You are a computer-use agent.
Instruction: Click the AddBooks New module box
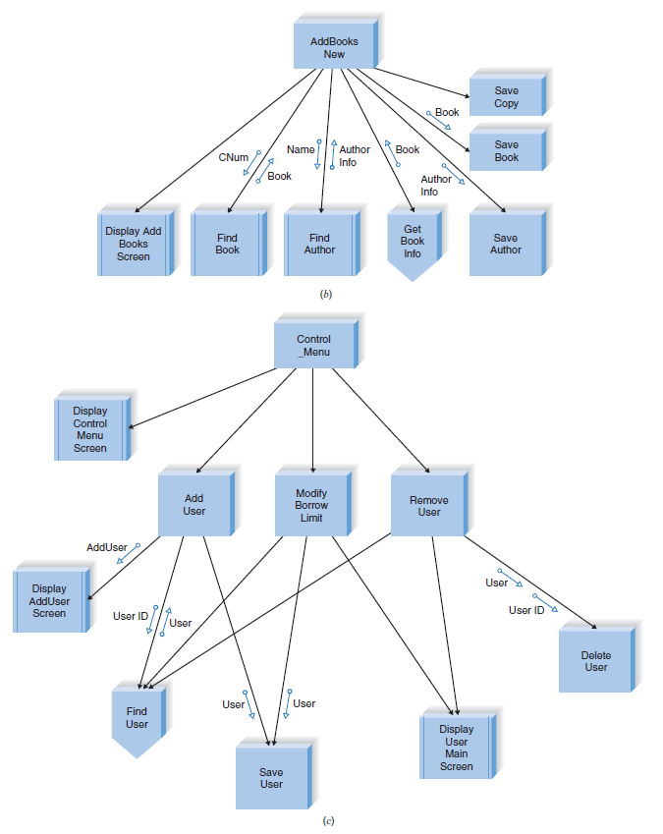(x=334, y=47)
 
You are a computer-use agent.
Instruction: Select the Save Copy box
(x=506, y=96)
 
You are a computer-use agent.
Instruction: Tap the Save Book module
(x=506, y=150)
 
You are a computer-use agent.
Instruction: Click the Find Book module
(x=227, y=244)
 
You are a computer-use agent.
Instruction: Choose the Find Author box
(x=319, y=244)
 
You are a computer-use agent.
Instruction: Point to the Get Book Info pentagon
(x=413, y=242)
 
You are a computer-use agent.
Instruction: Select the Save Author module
(x=505, y=244)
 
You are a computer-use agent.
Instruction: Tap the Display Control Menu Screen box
(x=90, y=429)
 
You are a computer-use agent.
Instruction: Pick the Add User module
(x=194, y=505)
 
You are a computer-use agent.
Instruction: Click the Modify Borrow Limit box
(x=311, y=505)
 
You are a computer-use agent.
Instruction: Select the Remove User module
(x=428, y=505)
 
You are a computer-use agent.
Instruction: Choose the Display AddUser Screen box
(x=49, y=600)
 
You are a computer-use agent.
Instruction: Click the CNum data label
(x=233, y=157)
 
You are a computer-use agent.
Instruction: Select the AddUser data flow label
(x=106, y=546)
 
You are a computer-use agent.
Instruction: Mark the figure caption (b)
(x=326, y=294)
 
